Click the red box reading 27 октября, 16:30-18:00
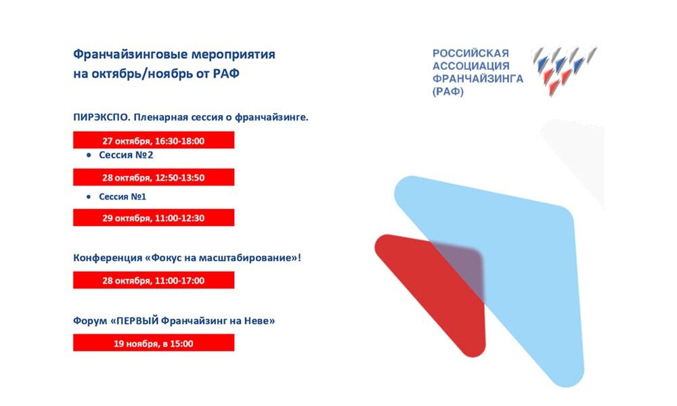tap(154, 140)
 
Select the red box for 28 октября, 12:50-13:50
tap(154, 177)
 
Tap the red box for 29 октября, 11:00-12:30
tap(154, 217)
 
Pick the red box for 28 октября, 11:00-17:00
tap(154, 280)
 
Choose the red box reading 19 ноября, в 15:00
tap(154, 342)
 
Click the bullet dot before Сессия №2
tap(89, 155)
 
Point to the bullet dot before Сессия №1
tap(89, 197)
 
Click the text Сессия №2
tap(126, 155)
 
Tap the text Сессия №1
tap(123, 197)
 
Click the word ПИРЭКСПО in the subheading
tap(101, 117)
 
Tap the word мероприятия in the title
tap(233, 55)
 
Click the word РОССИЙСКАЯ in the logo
tap(471, 53)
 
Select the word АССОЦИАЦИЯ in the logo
tap(471, 66)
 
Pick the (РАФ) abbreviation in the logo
tap(448, 91)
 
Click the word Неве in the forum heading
tap(259, 321)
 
